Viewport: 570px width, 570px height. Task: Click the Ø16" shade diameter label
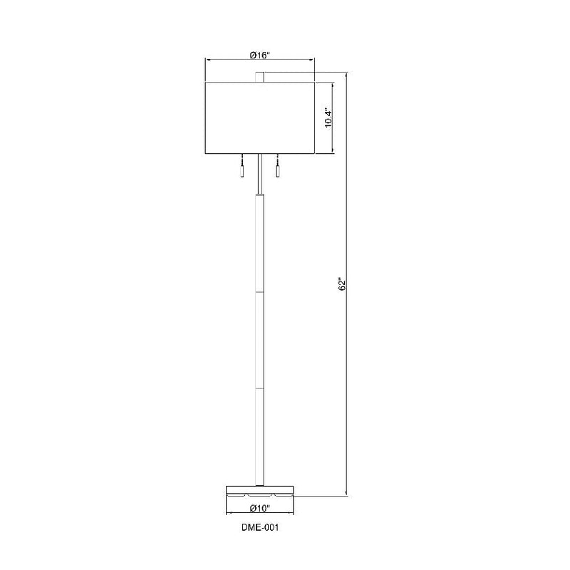(259, 56)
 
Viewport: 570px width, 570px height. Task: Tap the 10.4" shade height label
(328, 118)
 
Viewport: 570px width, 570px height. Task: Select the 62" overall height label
(343, 284)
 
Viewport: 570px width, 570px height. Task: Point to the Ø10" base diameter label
(260, 508)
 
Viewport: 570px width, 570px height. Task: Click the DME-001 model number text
(260, 527)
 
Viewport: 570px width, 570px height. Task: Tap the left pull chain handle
(242, 172)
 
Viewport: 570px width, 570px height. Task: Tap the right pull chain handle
(277, 172)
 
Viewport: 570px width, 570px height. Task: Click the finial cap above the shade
(259, 78)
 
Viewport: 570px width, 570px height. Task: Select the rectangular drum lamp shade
(259, 118)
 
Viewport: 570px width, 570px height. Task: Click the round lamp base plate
(259, 491)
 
